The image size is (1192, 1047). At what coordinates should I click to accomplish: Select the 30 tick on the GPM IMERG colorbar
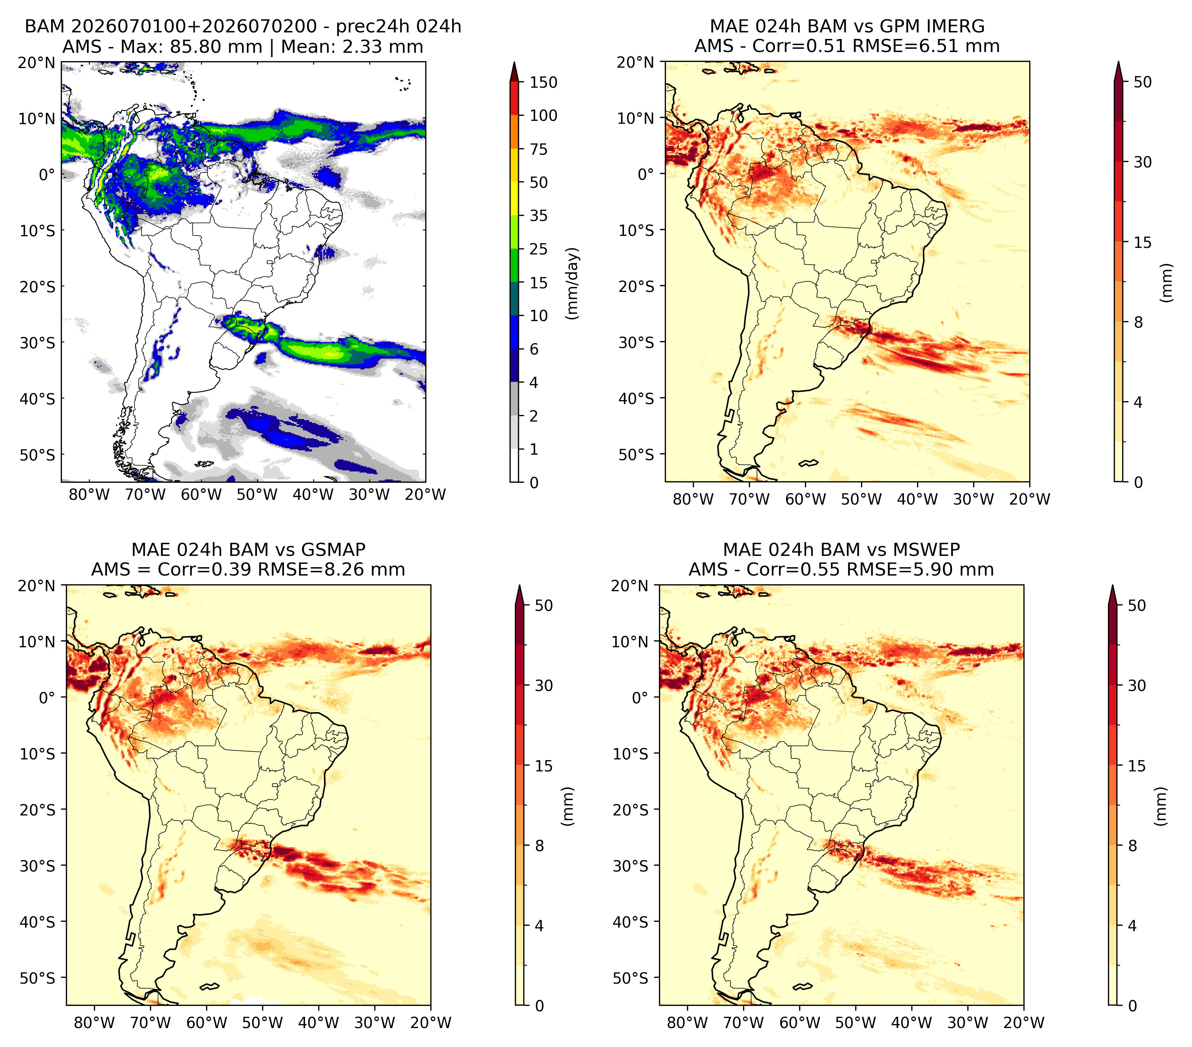tap(1143, 162)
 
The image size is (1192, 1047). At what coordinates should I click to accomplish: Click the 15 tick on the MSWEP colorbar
tap(1137, 766)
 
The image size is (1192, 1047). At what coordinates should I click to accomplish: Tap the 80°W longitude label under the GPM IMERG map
tap(693, 499)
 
